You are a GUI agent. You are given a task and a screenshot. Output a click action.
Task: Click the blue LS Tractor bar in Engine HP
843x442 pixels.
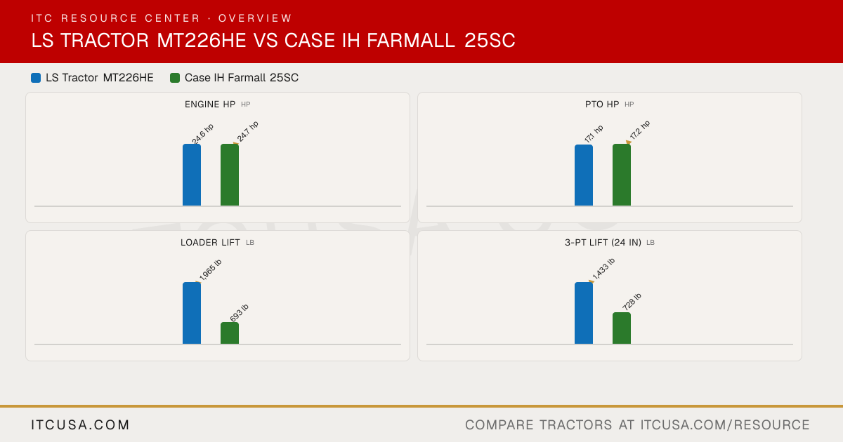click(x=192, y=175)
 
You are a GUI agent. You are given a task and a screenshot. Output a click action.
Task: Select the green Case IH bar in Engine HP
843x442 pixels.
click(x=230, y=175)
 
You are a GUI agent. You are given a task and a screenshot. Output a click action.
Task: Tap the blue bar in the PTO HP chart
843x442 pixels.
click(x=584, y=175)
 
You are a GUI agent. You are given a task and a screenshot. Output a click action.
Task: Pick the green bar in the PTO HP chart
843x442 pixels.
click(x=622, y=175)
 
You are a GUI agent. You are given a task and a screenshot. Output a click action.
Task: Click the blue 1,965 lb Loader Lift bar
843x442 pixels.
click(x=192, y=313)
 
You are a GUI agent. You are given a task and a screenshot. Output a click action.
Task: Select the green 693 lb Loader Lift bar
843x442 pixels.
click(x=230, y=333)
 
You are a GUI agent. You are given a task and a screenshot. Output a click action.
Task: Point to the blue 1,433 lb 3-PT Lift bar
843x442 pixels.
click(x=584, y=313)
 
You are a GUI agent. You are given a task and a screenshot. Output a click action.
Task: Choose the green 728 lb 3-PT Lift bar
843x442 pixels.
click(x=622, y=328)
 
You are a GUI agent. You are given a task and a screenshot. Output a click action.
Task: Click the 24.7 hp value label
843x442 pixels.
click(x=247, y=132)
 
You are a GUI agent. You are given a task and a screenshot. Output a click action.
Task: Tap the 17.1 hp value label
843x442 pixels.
click(x=594, y=134)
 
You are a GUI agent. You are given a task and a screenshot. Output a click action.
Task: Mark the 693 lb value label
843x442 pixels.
click(x=240, y=313)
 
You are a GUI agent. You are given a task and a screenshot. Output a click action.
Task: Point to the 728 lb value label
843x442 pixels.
click(x=632, y=302)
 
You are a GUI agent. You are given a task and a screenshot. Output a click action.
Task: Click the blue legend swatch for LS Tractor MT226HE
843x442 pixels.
click(x=36, y=78)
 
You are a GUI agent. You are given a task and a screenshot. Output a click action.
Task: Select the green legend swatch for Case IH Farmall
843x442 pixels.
click(x=175, y=78)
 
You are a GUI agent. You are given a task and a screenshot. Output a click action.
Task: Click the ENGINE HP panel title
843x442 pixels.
click(x=210, y=104)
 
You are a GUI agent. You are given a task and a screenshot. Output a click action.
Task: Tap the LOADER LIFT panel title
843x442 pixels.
click(x=210, y=243)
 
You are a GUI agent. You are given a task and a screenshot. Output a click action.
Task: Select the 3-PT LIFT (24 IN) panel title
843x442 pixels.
click(x=603, y=243)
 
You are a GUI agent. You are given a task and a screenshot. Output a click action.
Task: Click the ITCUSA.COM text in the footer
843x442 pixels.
click(x=80, y=424)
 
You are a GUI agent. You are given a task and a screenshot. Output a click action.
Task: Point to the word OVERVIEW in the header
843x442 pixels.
click(x=255, y=18)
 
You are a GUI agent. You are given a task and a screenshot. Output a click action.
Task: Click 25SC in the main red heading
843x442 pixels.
click(x=490, y=40)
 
